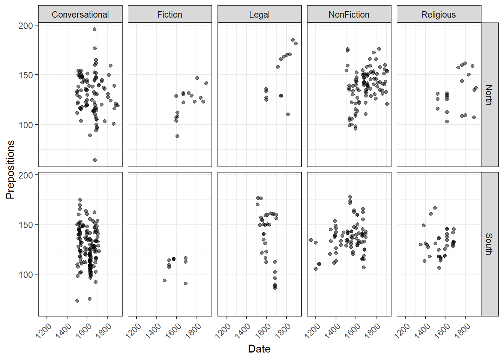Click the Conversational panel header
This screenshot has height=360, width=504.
pyautogui.click(x=80, y=15)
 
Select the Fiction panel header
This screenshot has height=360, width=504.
pyautogui.click(x=169, y=15)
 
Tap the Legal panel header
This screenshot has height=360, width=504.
pyautogui.click(x=259, y=15)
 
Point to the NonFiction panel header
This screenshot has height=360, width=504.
pyautogui.click(x=349, y=15)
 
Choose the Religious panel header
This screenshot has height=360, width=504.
pyautogui.click(x=438, y=15)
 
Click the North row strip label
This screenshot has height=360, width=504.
pyautogui.click(x=489, y=95)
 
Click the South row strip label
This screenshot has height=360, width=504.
pyautogui.click(x=489, y=244)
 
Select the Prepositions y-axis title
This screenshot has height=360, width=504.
pyautogui.click(x=10, y=169)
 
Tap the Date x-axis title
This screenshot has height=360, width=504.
pyautogui.click(x=259, y=349)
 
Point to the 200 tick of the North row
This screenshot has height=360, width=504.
pyautogui.click(x=25, y=25)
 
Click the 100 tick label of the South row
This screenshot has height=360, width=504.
pyautogui.click(x=25, y=274)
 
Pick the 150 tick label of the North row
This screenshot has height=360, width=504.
pyautogui.click(x=25, y=75)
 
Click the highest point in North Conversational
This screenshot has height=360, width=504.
pyautogui.click(x=94, y=29)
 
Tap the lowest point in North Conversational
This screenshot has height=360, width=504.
pyautogui.click(x=95, y=160)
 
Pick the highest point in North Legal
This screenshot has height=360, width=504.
pyautogui.click(x=293, y=40)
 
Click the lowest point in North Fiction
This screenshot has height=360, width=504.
pyautogui.click(x=177, y=136)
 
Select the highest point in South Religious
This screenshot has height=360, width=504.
pyautogui.click(x=435, y=208)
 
